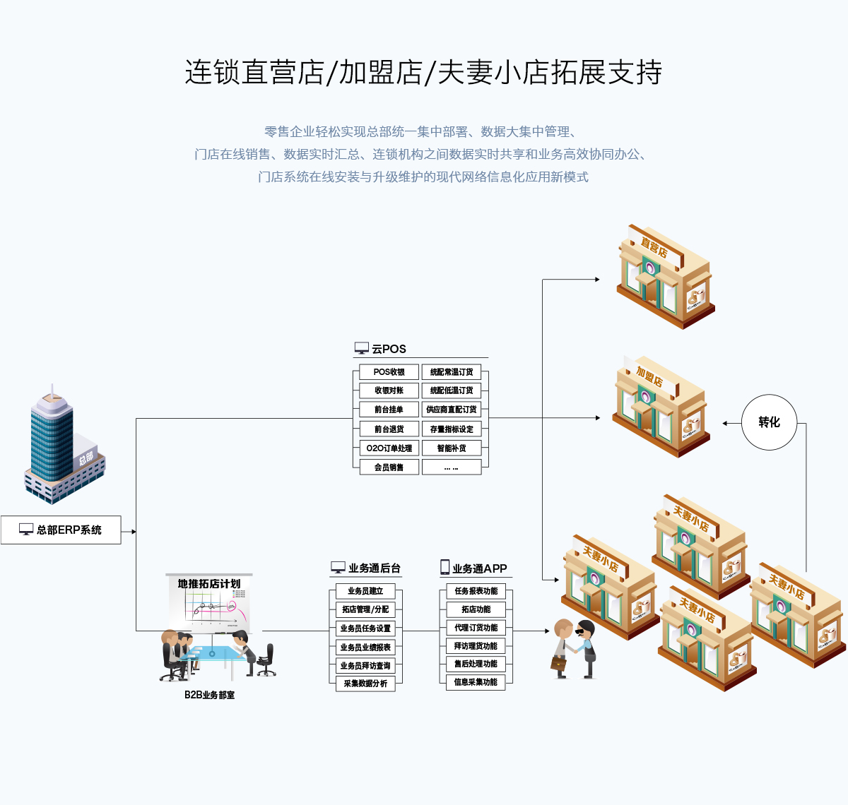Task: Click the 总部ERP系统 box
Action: (x=61, y=530)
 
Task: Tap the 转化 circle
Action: (x=769, y=422)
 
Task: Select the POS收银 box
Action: (x=389, y=372)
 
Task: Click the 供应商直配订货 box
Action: (x=452, y=410)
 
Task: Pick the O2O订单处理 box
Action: (x=389, y=448)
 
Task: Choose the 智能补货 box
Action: (x=452, y=448)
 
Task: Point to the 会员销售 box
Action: (x=389, y=467)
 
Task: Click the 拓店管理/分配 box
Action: (x=365, y=609)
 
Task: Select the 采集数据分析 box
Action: (x=365, y=684)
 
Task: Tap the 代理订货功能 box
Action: (x=476, y=628)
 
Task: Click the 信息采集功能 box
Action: (x=476, y=682)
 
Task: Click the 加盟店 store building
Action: (x=659, y=408)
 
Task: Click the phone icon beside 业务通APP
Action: (x=445, y=567)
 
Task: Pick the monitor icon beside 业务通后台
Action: (x=338, y=568)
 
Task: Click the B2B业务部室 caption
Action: (x=209, y=695)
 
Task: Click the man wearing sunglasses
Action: (x=586, y=648)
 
